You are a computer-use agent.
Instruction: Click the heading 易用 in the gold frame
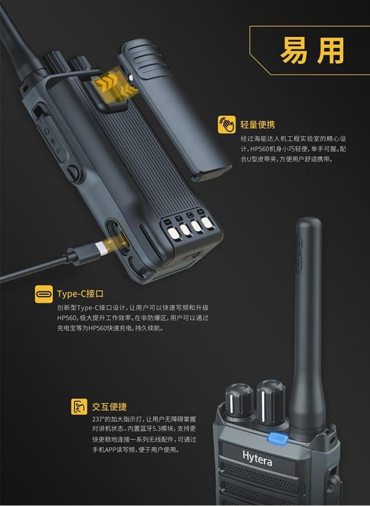point(312,51)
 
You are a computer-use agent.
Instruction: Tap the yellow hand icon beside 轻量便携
point(226,124)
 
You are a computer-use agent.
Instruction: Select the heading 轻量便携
point(257,124)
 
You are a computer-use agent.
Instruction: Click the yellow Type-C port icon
point(44,294)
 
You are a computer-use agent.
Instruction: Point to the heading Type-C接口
point(81,294)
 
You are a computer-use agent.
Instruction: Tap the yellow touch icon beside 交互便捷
point(79,407)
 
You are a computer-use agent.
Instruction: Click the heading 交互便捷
point(109,407)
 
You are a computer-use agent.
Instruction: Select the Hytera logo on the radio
point(257,458)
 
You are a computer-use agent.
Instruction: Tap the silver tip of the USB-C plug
point(103,248)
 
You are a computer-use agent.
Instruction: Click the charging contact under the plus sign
point(206,223)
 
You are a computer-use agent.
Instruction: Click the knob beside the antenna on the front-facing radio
point(271,401)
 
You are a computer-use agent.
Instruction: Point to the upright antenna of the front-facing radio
point(308,326)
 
